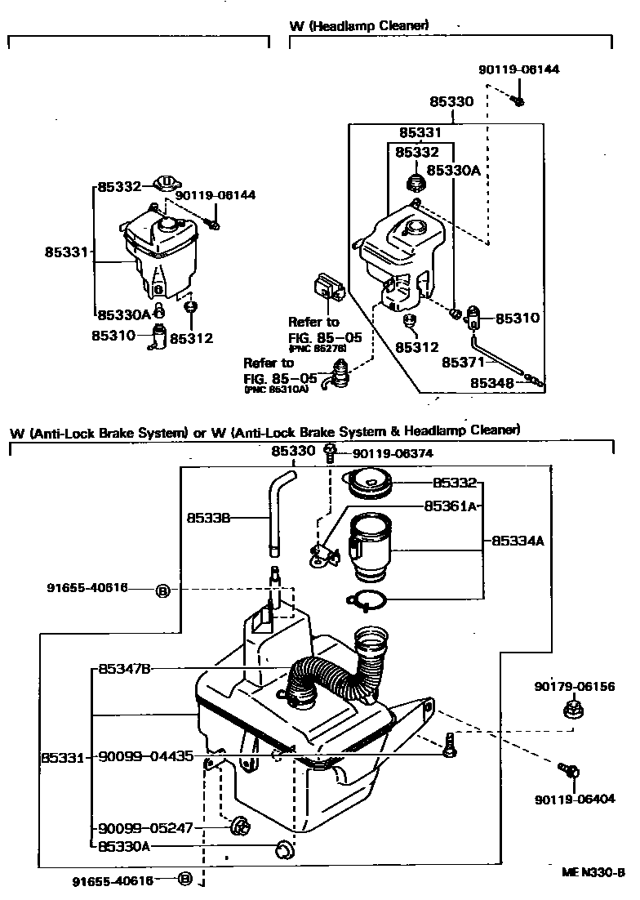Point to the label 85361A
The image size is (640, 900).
pos(449,506)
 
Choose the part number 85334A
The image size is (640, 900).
pos(517,541)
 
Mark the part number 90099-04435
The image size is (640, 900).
pos(146,757)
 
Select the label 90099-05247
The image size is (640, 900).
pos(145,827)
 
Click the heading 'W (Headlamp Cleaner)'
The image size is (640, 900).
pos(359,26)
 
